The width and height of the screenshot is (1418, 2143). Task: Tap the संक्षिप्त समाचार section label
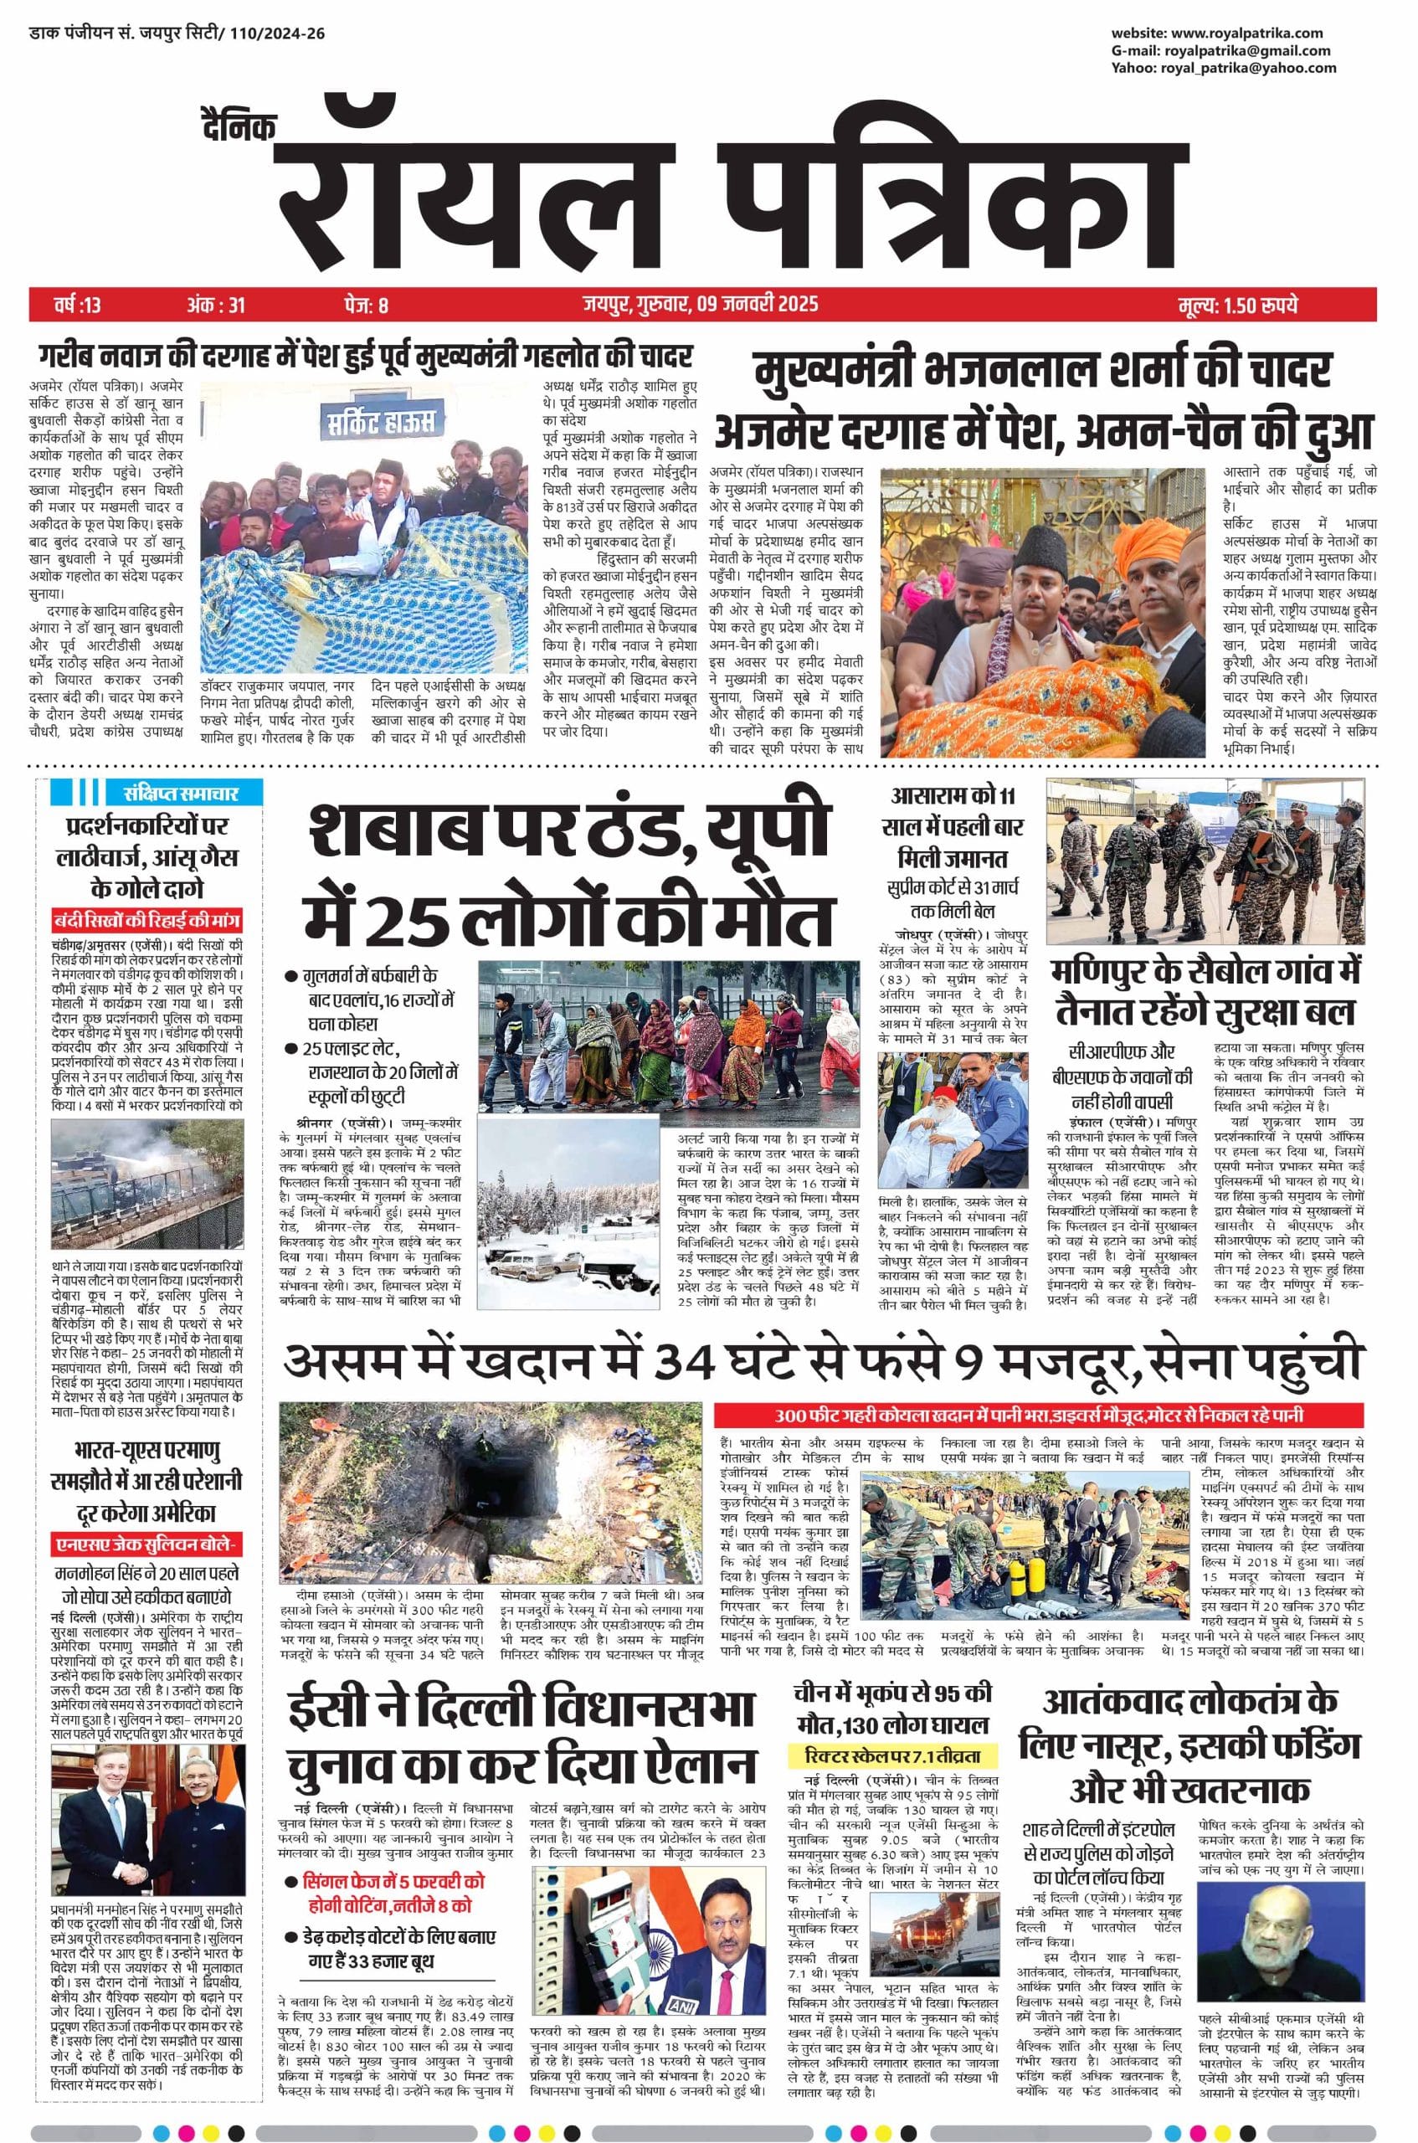pyautogui.click(x=183, y=793)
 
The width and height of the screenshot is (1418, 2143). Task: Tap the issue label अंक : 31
pyautogui.click(x=215, y=305)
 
